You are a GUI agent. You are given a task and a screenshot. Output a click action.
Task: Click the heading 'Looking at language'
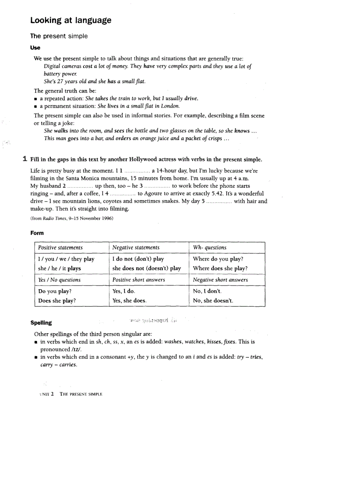pyautogui.click(x=71, y=20)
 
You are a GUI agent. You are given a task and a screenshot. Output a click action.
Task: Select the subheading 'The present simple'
pyautogui.click(x=59, y=36)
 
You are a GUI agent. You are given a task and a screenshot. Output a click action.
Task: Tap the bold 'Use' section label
pyautogui.click(x=35, y=47)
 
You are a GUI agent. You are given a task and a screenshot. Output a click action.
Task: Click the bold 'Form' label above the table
pyautogui.click(x=37, y=233)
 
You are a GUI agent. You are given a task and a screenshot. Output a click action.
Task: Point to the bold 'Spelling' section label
pyautogui.click(x=41, y=323)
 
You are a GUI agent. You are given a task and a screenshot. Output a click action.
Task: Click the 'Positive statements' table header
pyautogui.click(x=60, y=248)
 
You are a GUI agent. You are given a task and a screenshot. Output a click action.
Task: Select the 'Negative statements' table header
pyautogui.click(x=136, y=248)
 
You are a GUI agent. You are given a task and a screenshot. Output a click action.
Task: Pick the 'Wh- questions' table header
pyautogui.click(x=210, y=248)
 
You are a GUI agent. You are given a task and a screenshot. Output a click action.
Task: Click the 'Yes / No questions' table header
pyautogui.click(x=59, y=280)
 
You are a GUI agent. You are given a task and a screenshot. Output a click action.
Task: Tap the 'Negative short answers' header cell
pyautogui.click(x=220, y=280)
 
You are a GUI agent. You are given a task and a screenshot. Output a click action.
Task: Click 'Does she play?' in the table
pyautogui.click(x=57, y=301)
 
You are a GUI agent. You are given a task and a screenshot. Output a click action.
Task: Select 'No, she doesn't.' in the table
pyautogui.click(x=213, y=301)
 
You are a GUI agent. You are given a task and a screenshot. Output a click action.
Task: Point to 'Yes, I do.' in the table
pyautogui.click(x=124, y=291)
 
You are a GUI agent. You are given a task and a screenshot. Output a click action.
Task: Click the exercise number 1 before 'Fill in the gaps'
pyautogui.click(x=26, y=159)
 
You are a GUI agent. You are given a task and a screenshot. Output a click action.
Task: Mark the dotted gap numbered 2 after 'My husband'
pyautogui.click(x=81, y=186)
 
